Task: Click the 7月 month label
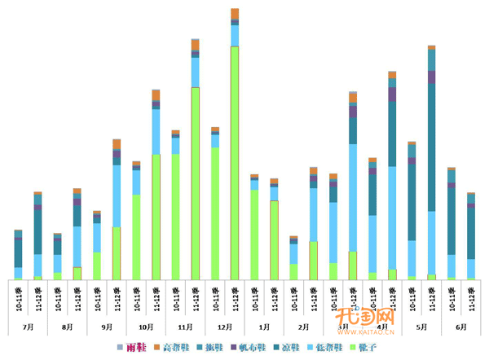tap(29, 326)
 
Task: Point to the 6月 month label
tap(461, 326)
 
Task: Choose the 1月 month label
tap(264, 326)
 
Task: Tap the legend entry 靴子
tap(366, 348)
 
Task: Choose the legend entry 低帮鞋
tap(327, 348)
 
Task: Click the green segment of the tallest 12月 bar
tap(235, 163)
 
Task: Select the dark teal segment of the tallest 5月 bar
tap(431, 147)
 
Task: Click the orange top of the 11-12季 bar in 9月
tap(117, 144)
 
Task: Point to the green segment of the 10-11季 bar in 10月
tap(136, 236)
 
